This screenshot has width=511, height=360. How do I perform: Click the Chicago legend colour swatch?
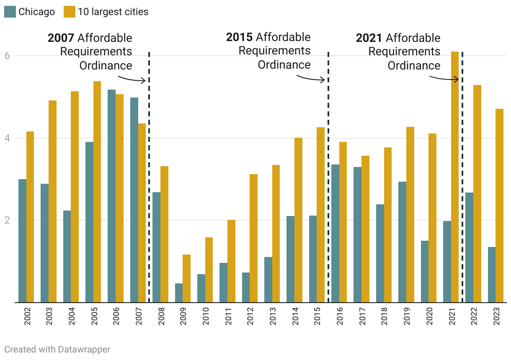(10, 12)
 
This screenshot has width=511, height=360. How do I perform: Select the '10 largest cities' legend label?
(113, 12)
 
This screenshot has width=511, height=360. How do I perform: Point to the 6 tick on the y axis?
(8, 56)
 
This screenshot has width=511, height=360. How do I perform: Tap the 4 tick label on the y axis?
(8, 138)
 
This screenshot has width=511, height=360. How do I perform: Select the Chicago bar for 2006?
(111, 196)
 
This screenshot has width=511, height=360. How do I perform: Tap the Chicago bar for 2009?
(179, 293)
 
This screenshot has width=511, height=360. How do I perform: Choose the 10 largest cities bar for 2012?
(253, 238)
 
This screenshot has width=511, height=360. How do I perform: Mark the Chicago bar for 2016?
(335, 233)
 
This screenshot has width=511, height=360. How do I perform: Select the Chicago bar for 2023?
(492, 275)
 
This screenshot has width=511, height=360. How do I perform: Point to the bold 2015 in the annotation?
(239, 37)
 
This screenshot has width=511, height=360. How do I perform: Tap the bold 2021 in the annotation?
(369, 38)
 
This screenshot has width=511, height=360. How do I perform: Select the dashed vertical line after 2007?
(149, 176)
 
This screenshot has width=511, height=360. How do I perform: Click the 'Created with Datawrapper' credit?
(57, 349)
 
